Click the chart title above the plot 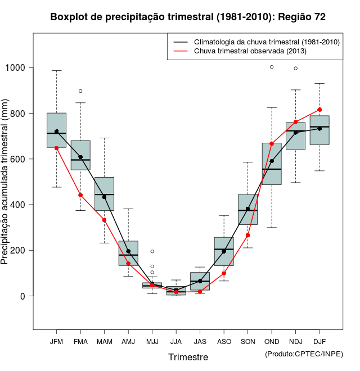[188, 17]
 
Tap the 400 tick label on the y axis [21, 205]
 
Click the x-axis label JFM [56, 341]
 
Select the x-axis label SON [247, 341]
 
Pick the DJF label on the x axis [319, 341]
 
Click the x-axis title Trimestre [188, 357]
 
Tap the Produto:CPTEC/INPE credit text [304, 354]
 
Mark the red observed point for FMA [80, 195]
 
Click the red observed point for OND [272, 144]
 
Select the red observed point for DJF [319, 110]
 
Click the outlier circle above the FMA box [80, 91]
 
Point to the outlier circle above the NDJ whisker [296, 69]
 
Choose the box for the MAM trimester [104, 194]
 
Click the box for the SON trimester [247, 210]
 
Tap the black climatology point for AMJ [128, 251]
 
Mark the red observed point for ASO [224, 274]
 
